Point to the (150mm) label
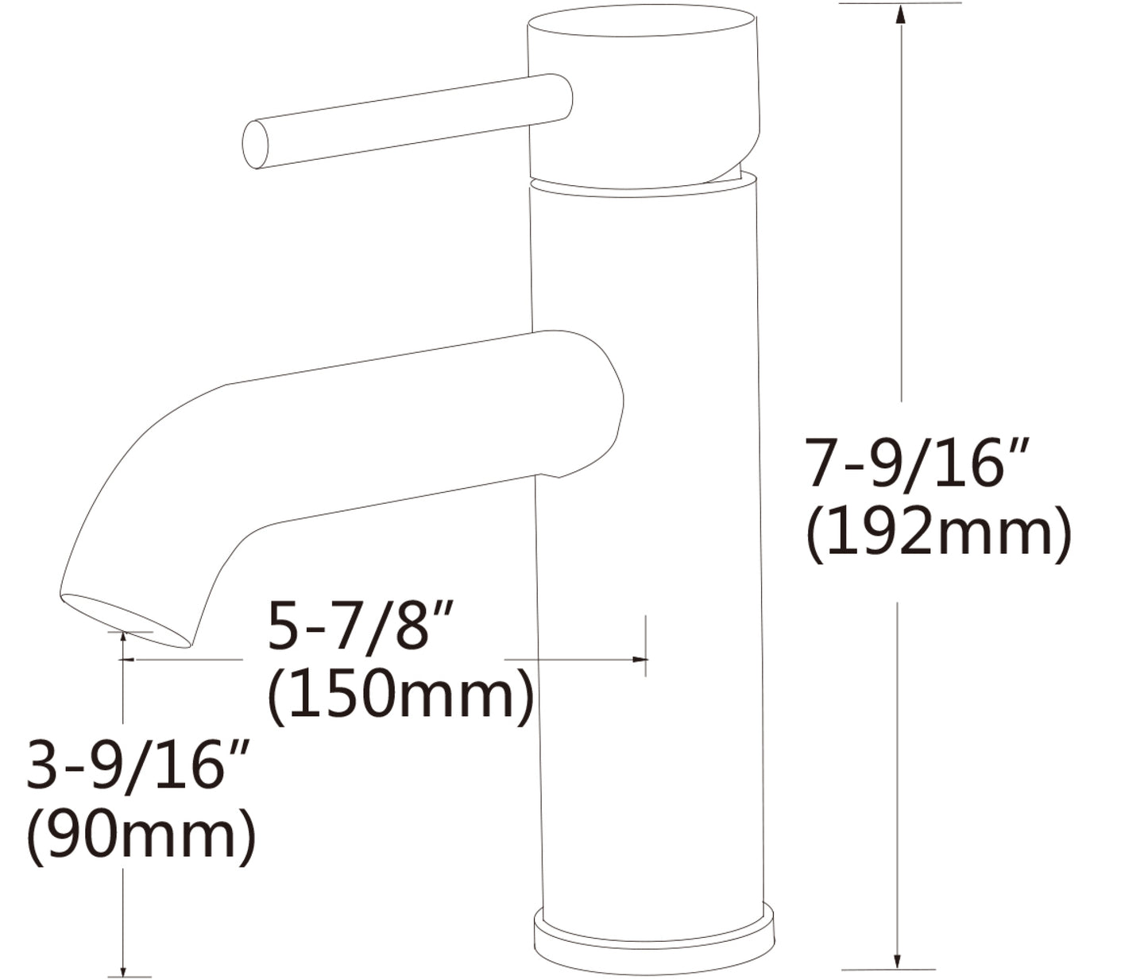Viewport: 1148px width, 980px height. click(x=400, y=695)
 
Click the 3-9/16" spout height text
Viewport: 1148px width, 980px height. click(x=139, y=765)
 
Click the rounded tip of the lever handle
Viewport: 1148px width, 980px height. click(x=255, y=145)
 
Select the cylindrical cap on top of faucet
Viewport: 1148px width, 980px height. click(x=644, y=95)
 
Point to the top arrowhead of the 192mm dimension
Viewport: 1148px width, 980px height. click(x=900, y=14)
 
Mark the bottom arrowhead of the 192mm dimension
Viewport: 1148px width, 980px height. click(x=899, y=961)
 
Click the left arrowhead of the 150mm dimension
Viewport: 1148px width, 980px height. click(x=134, y=659)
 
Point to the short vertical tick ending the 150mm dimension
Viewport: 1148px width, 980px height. click(x=646, y=645)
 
